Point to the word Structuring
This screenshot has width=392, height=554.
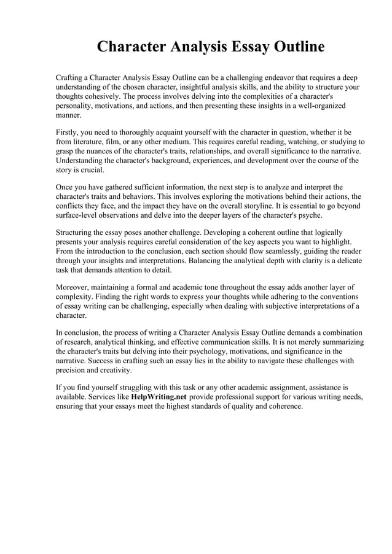tap(77, 233)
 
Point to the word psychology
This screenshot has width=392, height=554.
tap(205, 352)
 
